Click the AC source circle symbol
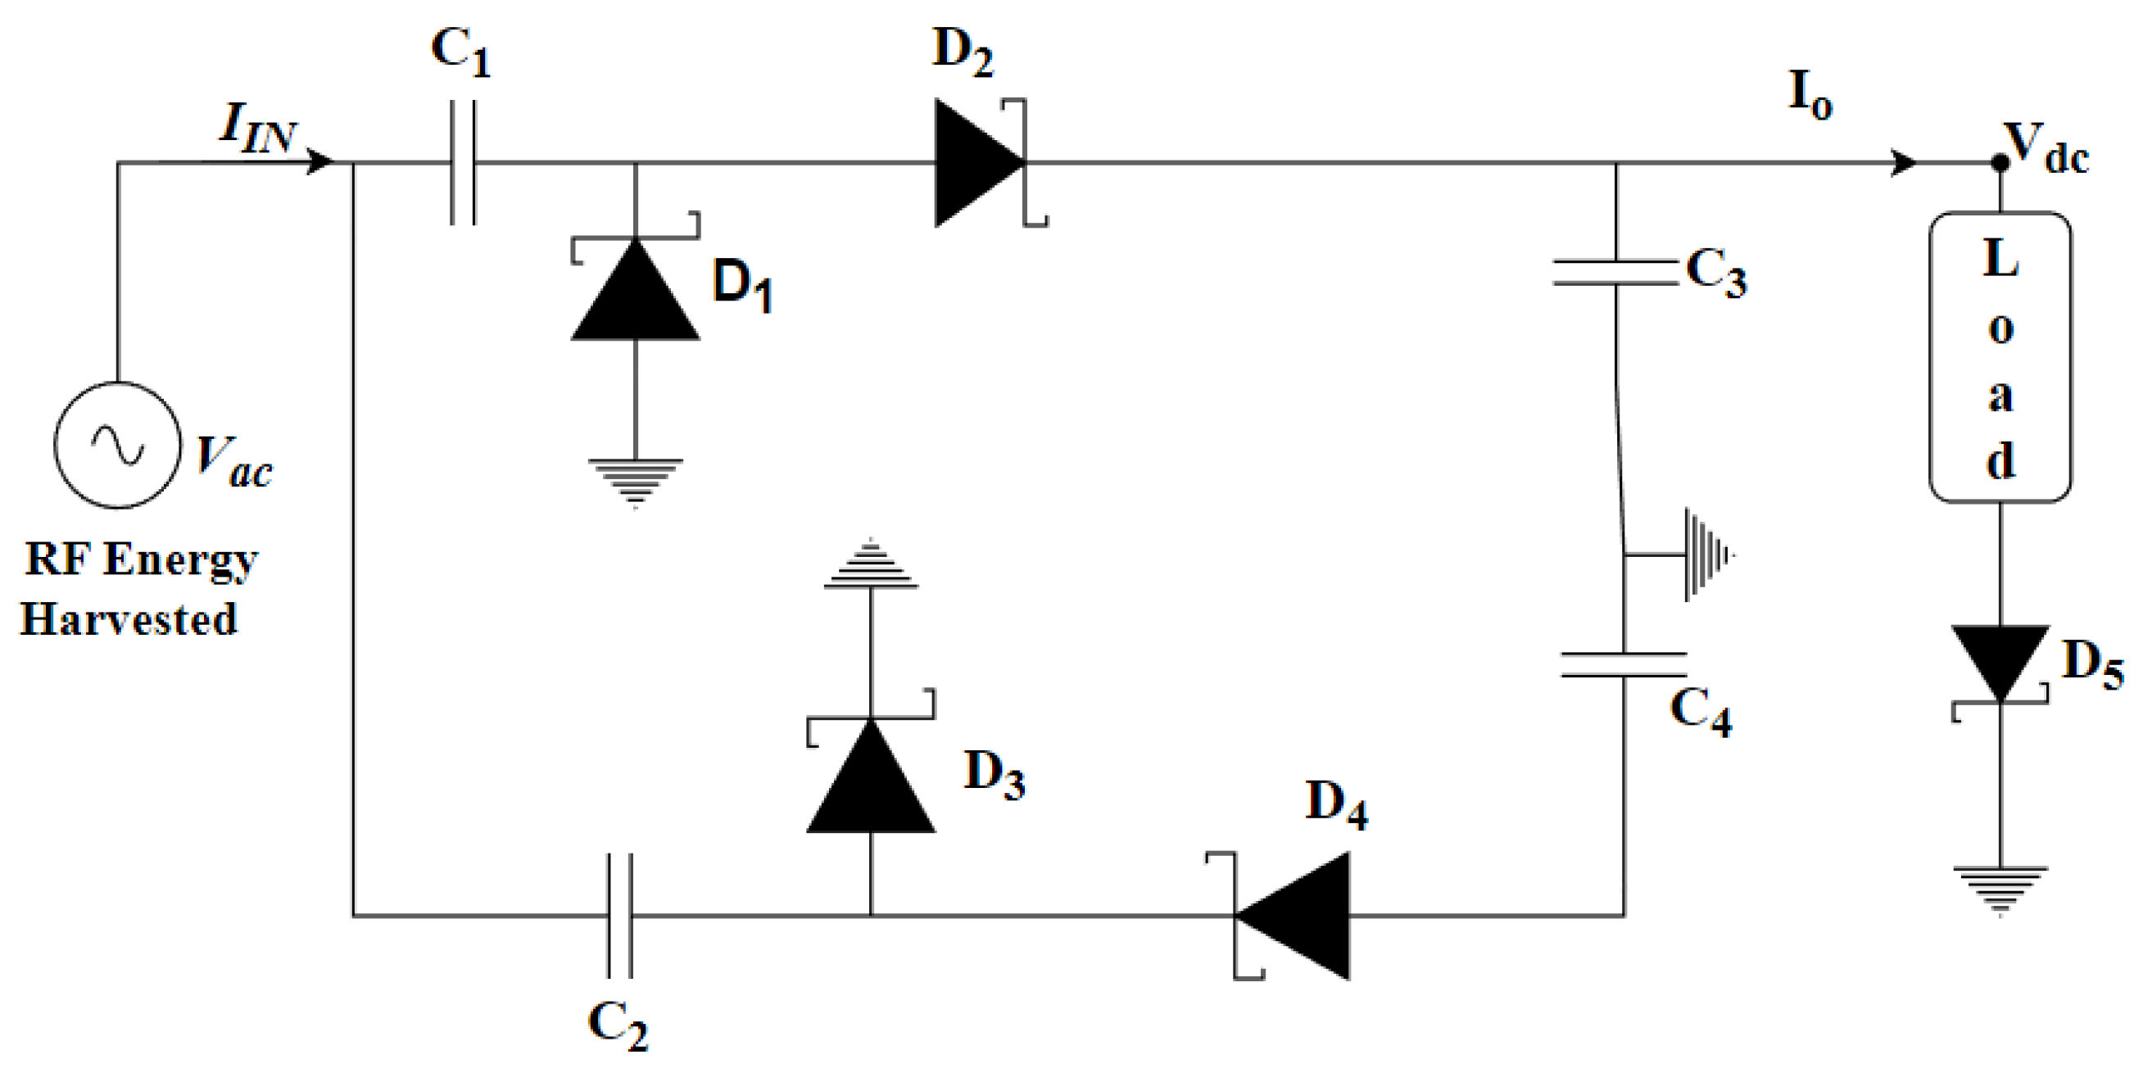pyautogui.click(x=117, y=444)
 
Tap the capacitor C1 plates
pyautogui.click(x=464, y=163)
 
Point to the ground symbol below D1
pyautogui.click(x=636, y=481)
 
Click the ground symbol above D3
pyautogui.click(x=870, y=568)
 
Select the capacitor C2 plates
pyautogui.click(x=620, y=915)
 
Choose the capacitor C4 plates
pyautogui.click(x=1623, y=664)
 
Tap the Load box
pyautogui.click(x=1999, y=358)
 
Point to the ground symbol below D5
pyautogui.click(x=2000, y=888)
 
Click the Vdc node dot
pyautogui.click(x=2000, y=163)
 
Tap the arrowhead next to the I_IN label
pyautogui.click(x=319, y=161)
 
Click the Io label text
pyautogui.click(x=1810, y=95)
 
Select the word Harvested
pyautogui.click(x=129, y=620)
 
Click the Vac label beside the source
pyautogui.click(x=233, y=463)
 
